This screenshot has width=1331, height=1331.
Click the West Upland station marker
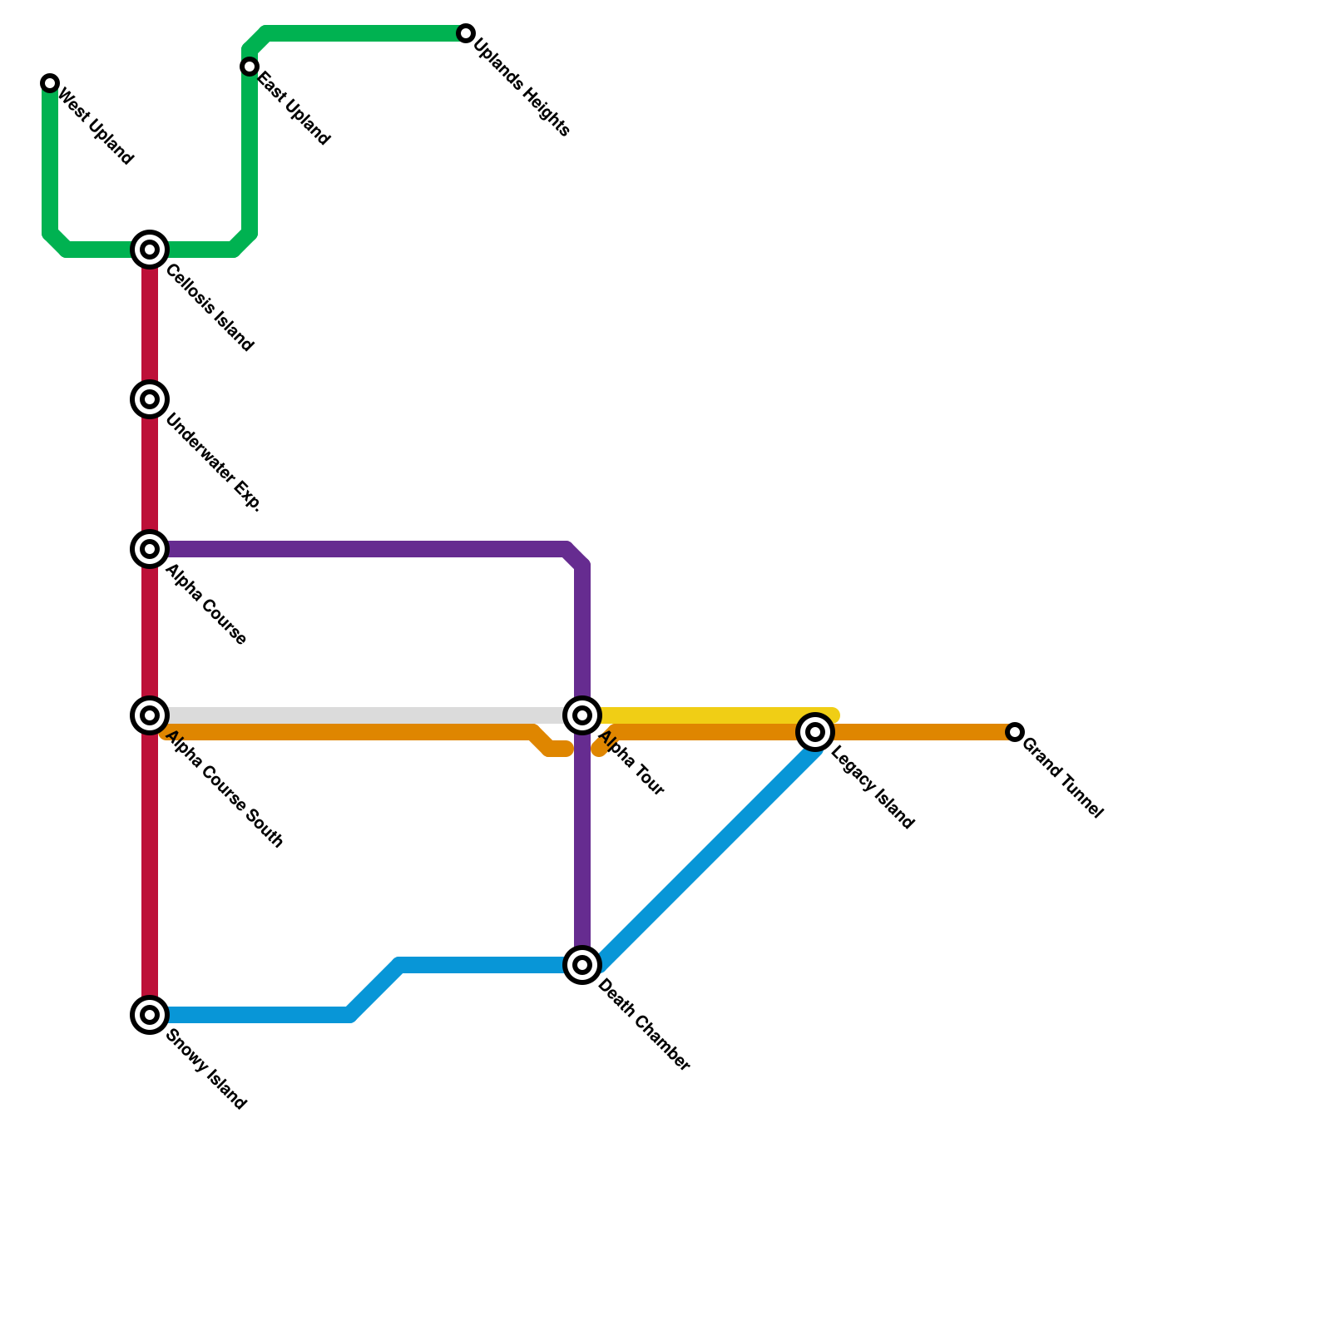click(x=50, y=83)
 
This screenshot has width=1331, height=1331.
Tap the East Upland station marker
click(x=250, y=67)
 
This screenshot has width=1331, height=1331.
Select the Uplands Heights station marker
click(x=466, y=33)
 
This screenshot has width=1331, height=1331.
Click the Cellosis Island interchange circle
click(x=150, y=250)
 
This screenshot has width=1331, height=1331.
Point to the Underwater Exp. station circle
click(x=150, y=399)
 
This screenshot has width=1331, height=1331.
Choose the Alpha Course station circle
click(x=150, y=549)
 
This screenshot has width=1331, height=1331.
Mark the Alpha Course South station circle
click(x=150, y=715)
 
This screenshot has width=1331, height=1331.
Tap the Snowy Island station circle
click(x=150, y=1015)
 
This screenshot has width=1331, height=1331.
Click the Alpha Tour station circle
click(x=582, y=715)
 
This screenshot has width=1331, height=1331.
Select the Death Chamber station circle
click(x=582, y=965)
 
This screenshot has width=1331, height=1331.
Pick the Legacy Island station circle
click(x=815, y=732)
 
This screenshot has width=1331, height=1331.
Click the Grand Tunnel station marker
click(x=1015, y=732)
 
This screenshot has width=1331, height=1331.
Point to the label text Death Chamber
click(x=644, y=1026)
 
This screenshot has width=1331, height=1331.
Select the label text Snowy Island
click(x=206, y=1070)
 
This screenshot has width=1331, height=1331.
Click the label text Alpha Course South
click(x=225, y=790)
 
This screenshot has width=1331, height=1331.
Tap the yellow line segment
click(x=715, y=715)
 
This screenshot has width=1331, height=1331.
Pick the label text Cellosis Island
click(x=210, y=308)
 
